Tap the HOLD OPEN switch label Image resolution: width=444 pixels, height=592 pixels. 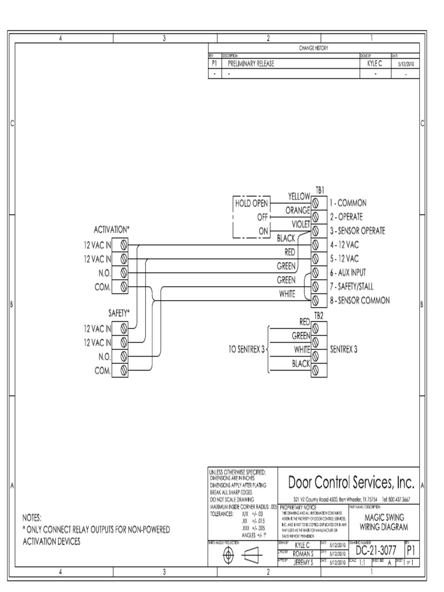251,203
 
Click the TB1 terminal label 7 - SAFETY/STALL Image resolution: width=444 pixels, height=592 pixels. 356,287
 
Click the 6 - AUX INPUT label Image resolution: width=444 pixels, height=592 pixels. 348,272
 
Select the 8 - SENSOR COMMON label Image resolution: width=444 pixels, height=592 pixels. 360,301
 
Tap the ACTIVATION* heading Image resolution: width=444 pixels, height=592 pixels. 112,229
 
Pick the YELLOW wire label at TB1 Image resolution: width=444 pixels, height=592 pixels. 299,197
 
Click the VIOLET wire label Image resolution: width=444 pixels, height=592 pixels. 301,224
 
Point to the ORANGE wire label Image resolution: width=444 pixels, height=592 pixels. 298,210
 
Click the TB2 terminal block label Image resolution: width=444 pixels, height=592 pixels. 319,315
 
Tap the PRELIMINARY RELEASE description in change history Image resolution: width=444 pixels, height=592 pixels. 251,64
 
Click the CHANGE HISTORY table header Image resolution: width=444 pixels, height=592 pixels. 314,48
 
